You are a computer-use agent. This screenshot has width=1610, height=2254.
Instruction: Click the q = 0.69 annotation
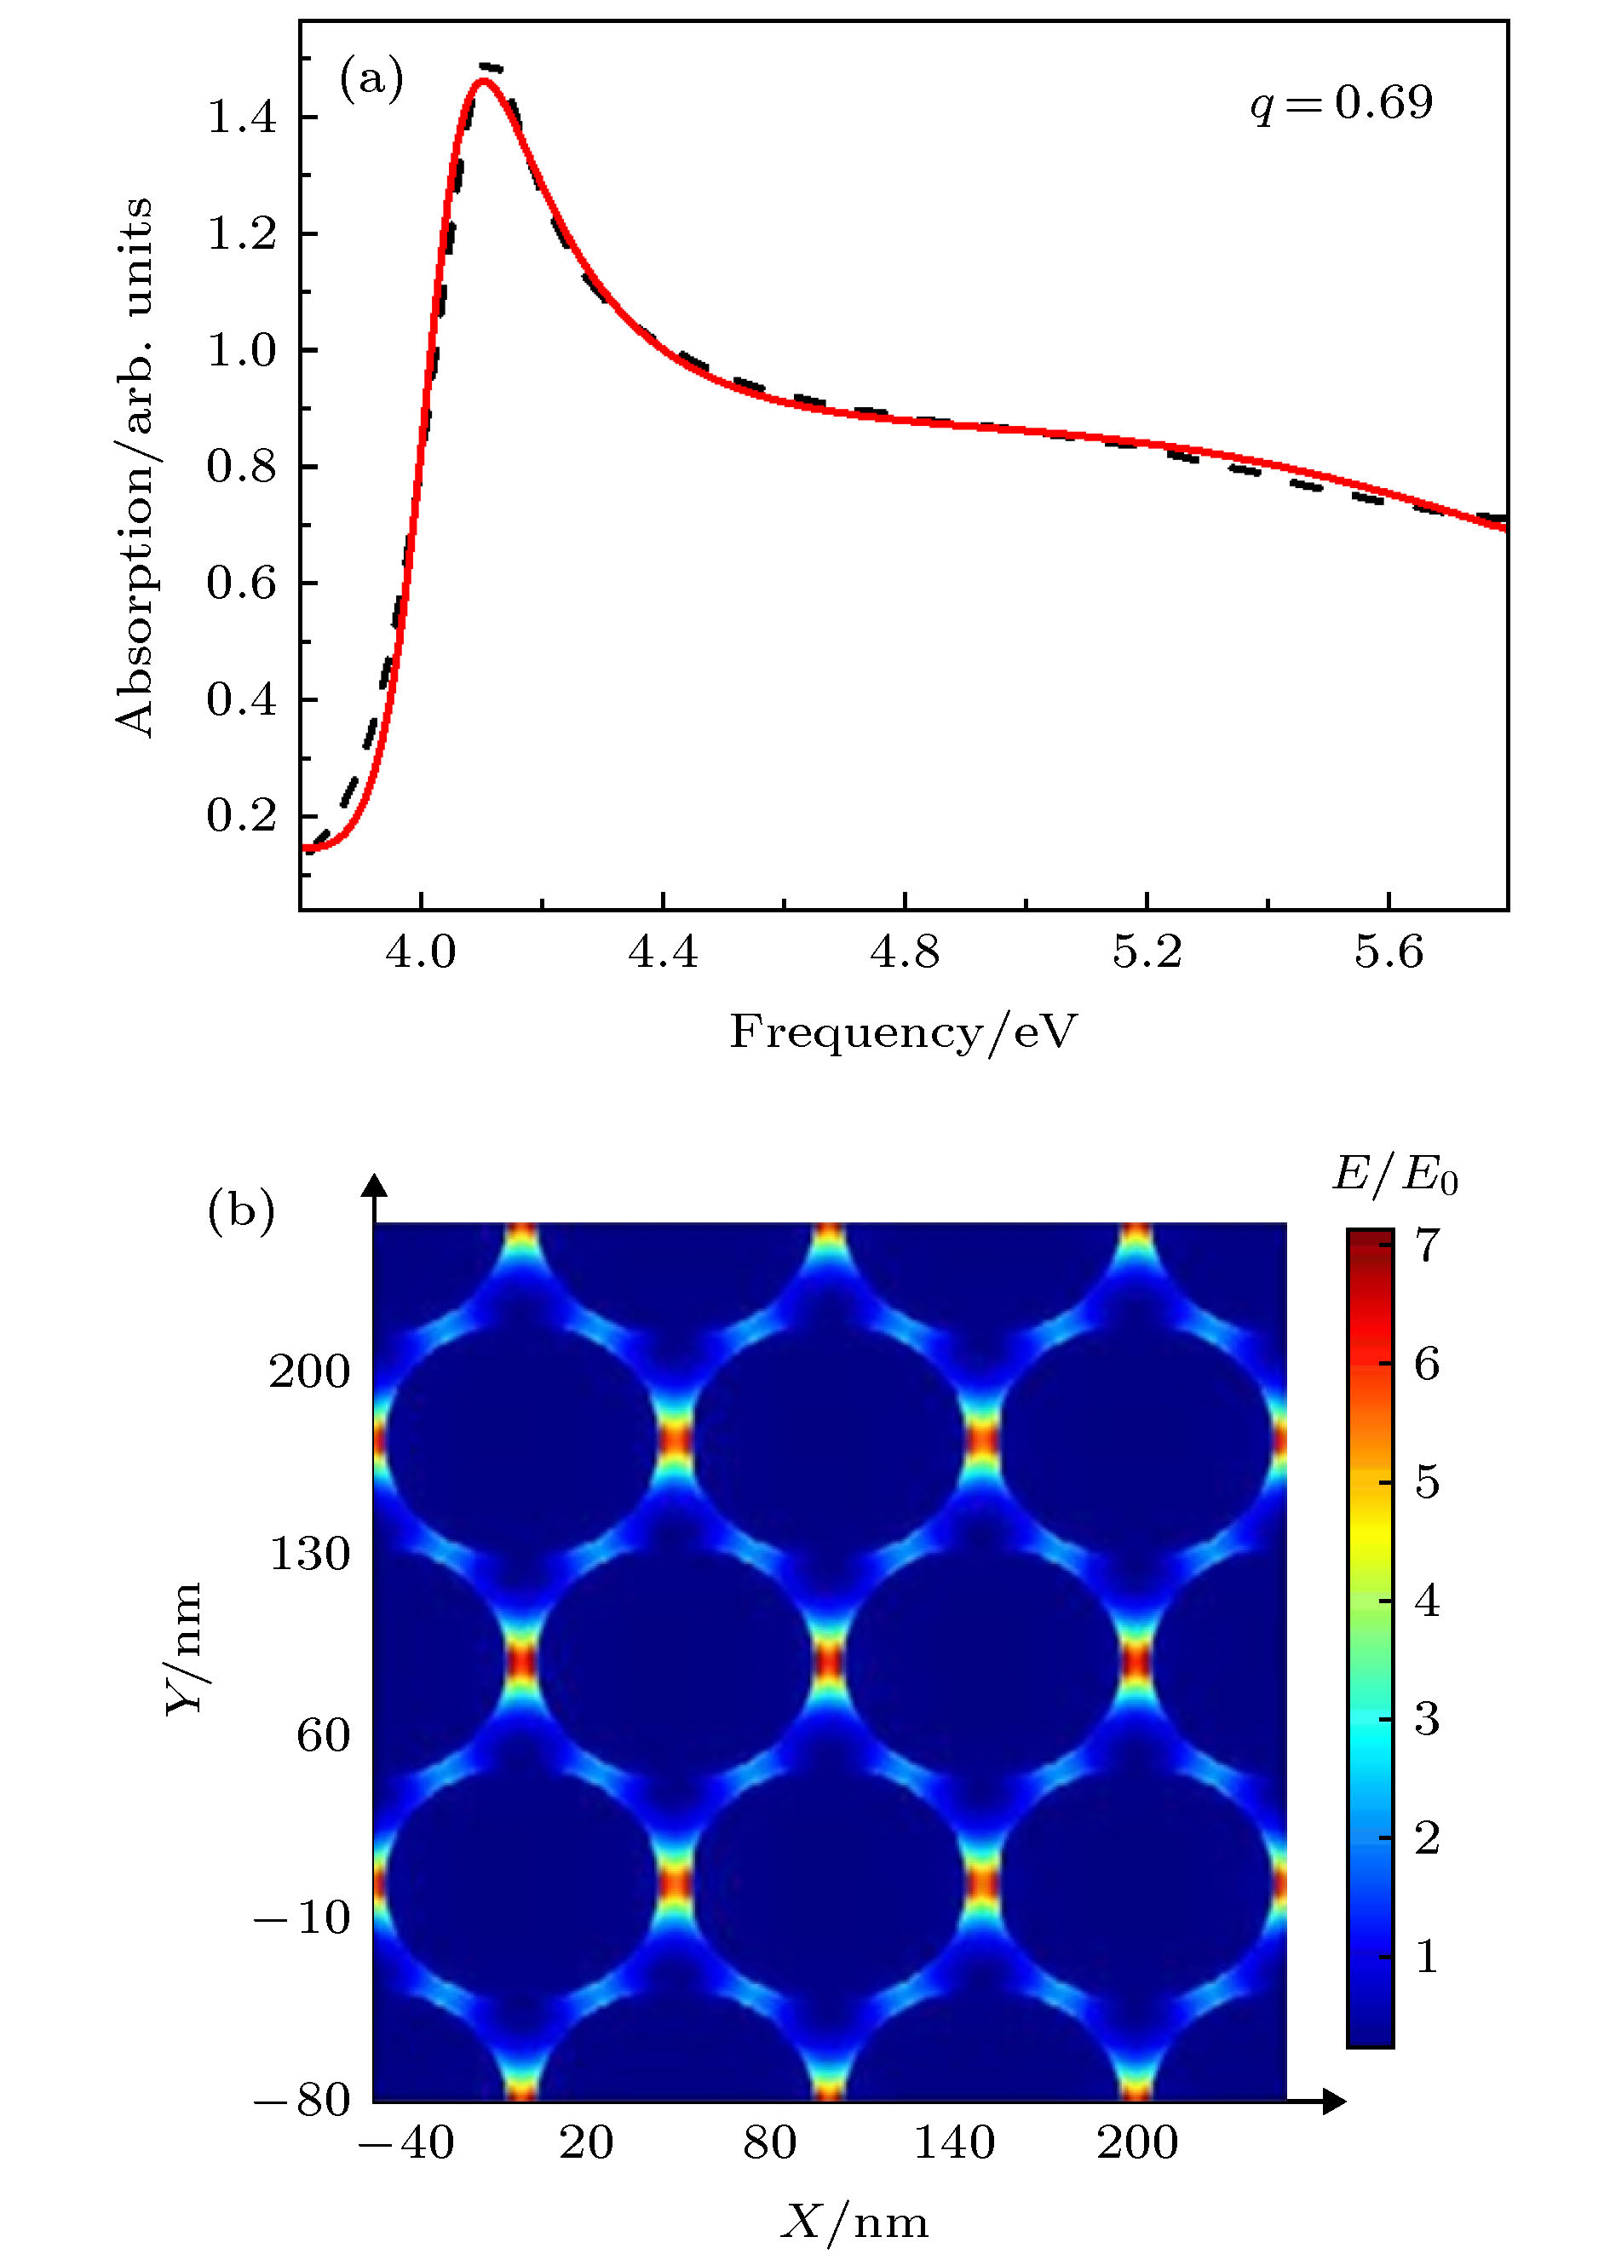pyautogui.click(x=1340, y=103)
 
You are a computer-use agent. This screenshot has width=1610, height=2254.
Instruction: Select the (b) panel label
pyautogui.click(x=241, y=1210)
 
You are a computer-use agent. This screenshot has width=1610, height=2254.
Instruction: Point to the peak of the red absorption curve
pyautogui.click(x=483, y=81)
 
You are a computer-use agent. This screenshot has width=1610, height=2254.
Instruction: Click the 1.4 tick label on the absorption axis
pyautogui.click(x=241, y=118)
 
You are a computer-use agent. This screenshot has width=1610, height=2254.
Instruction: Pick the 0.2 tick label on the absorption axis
pyautogui.click(x=241, y=816)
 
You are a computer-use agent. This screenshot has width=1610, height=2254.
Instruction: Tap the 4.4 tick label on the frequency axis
pyautogui.click(x=662, y=952)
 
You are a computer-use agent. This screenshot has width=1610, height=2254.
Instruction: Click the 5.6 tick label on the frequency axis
pyautogui.click(x=1388, y=952)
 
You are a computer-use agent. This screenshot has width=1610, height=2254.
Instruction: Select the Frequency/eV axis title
pyautogui.click(x=903, y=1032)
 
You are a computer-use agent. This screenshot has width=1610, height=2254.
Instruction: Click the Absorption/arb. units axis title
pyautogui.click(x=134, y=467)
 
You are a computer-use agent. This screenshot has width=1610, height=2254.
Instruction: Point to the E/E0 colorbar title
pyautogui.click(x=1394, y=1176)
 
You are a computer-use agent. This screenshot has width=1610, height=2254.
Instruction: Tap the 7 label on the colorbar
pyautogui.click(x=1427, y=1245)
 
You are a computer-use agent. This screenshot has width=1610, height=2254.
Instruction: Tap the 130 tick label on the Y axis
pyautogui.click(x=309, y=1553)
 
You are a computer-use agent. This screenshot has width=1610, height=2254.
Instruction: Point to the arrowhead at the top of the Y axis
pyautogui.click(x=375, y=1186)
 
